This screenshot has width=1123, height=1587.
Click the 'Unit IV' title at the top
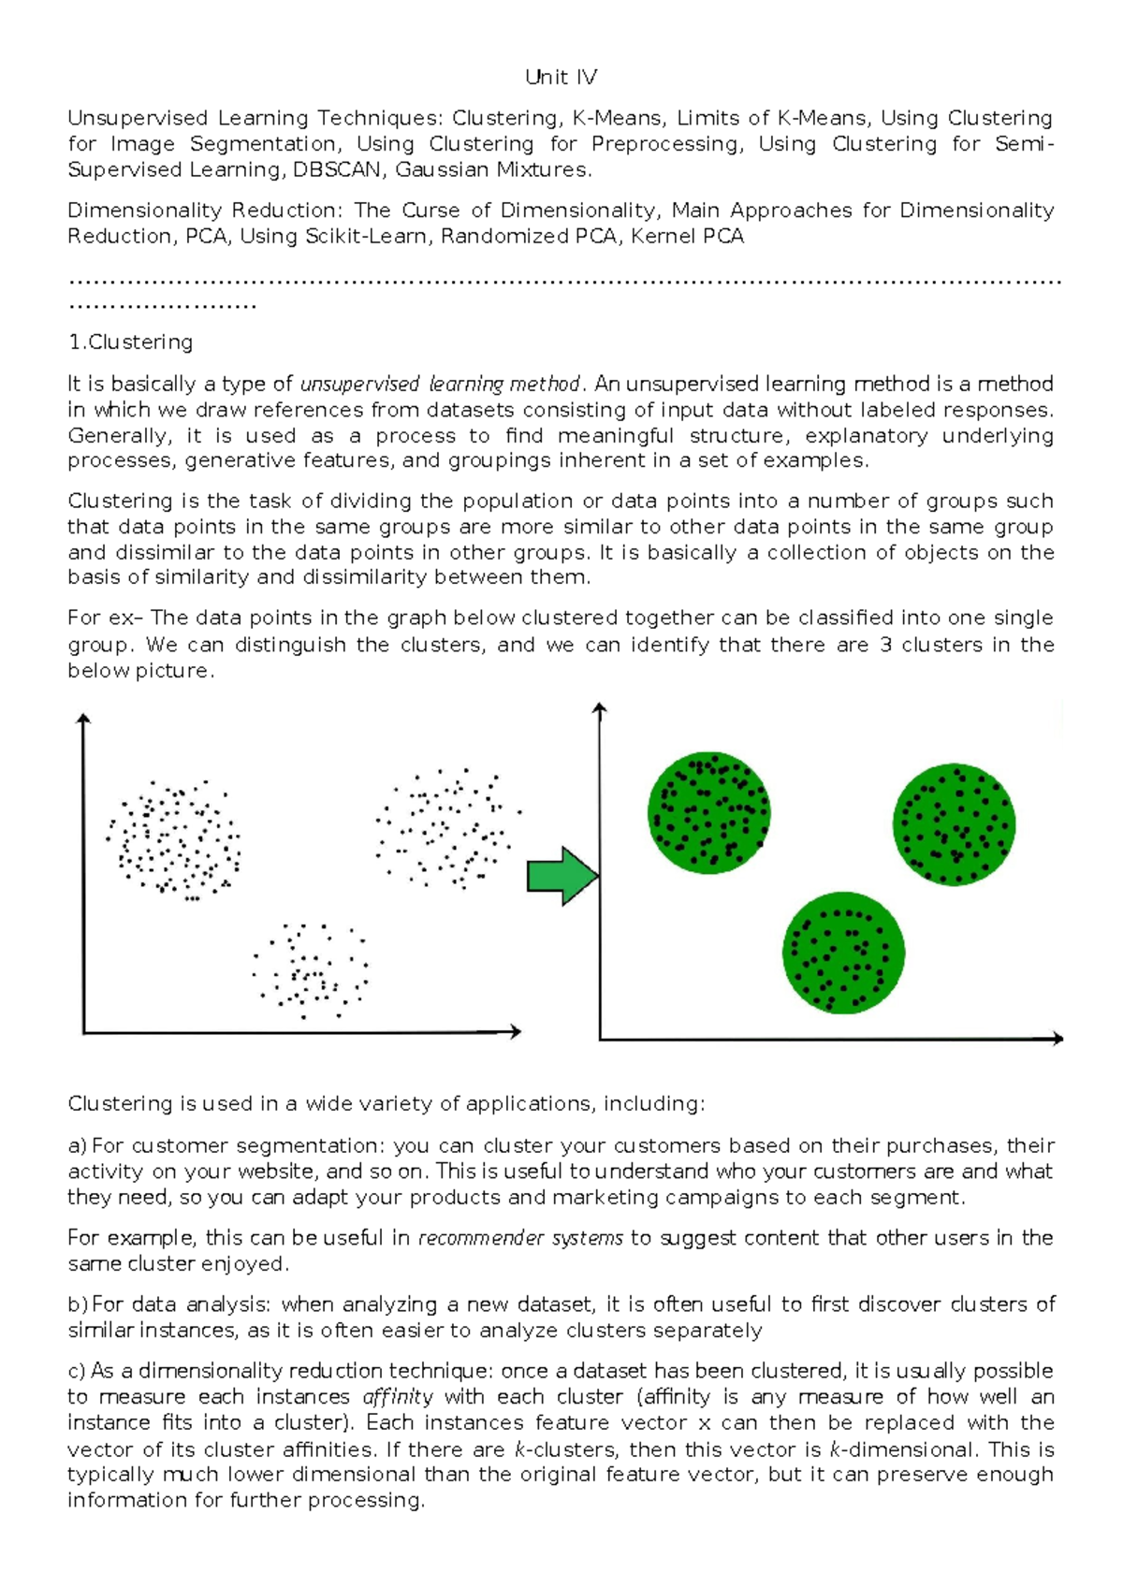tap(561, 77)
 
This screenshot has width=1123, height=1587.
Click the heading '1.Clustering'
tap(130, 342)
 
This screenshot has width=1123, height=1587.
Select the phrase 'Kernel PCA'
tap(687, 236)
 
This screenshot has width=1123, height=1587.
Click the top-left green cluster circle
tap(708, 813)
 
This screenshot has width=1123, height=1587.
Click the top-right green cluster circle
tap(954, 823)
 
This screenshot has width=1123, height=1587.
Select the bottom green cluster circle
tap(843, 952)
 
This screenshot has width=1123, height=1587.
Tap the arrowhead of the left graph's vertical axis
tap(83, 719)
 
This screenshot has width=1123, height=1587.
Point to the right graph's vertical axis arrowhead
tap(600, 708)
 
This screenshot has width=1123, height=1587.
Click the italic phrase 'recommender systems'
tap(520, 1238)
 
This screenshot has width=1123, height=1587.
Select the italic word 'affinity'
tap(397, 1397)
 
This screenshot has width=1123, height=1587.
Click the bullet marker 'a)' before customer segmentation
tap(77, 1145)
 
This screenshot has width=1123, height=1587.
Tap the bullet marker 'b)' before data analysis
tap(77, 1304)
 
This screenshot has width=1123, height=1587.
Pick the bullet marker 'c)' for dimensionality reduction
tap(77, 1371)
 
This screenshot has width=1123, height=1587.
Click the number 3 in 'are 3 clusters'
tap(885, 645)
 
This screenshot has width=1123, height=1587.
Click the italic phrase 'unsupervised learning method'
tap(440, 384)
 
